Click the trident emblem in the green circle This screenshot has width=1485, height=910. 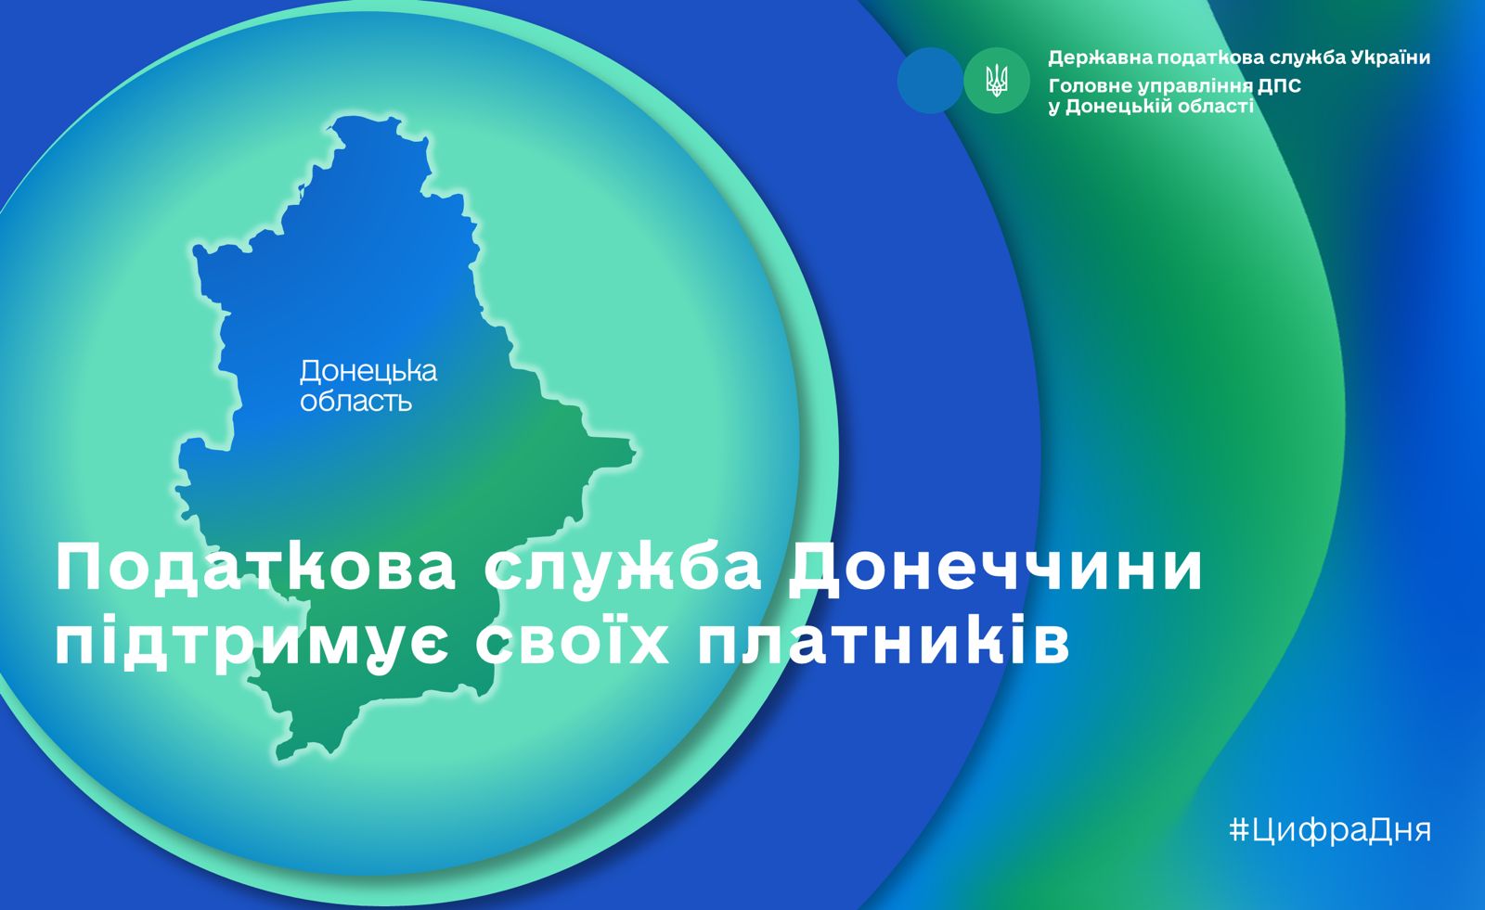[x=997, y=81]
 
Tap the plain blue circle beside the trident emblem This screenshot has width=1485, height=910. [x=930, y=80]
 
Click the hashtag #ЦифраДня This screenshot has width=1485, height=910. [x=1330, y=830]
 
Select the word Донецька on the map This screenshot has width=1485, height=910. [x=368, y=372]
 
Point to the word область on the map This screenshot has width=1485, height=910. [x=356, y=401]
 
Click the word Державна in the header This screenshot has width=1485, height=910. [x=1099, y=58]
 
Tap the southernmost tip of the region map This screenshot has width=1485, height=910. [x=278, y=758]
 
